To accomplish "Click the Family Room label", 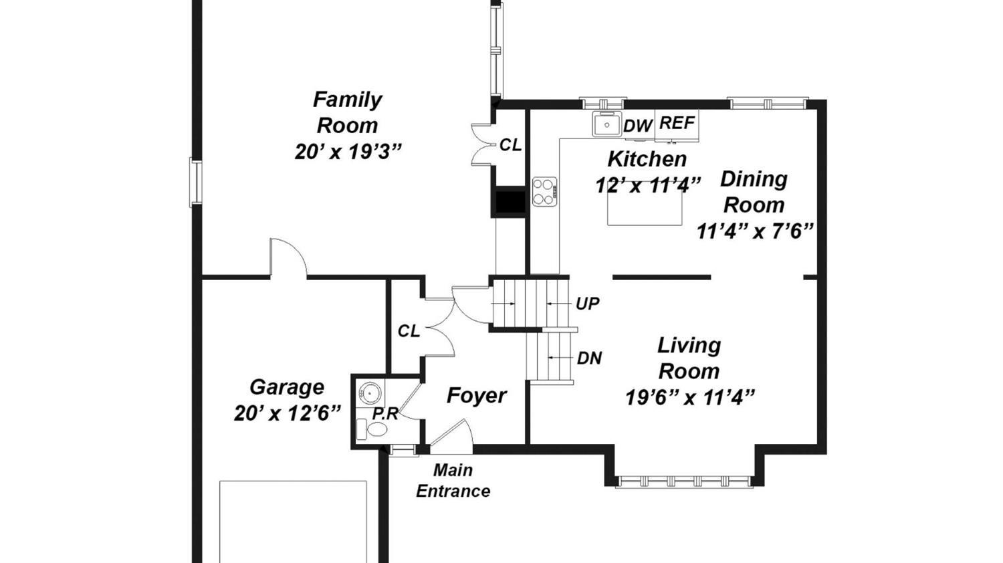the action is click(x=348, y=112).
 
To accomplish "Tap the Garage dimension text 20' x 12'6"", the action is click(x=288, y=413).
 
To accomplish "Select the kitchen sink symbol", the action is click(x=607, y=124).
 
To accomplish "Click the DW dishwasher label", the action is click(x=638, y=126).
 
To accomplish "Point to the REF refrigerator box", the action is click(x=677, y=126).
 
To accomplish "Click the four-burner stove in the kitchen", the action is click(x=544, y=191).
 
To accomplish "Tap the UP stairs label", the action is click(x=588, y=304).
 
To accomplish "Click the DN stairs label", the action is click(x=589, y=358).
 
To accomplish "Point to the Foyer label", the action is click(x=476, y=395).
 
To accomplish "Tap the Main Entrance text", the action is click(x=453, y=481).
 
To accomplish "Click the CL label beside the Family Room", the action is click(x=510, y=145).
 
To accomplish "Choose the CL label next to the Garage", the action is click(x=409, y=332).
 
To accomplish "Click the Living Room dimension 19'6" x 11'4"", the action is click(x=690, y=397).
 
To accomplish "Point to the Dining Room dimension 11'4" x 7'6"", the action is click(x=754, y=231).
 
